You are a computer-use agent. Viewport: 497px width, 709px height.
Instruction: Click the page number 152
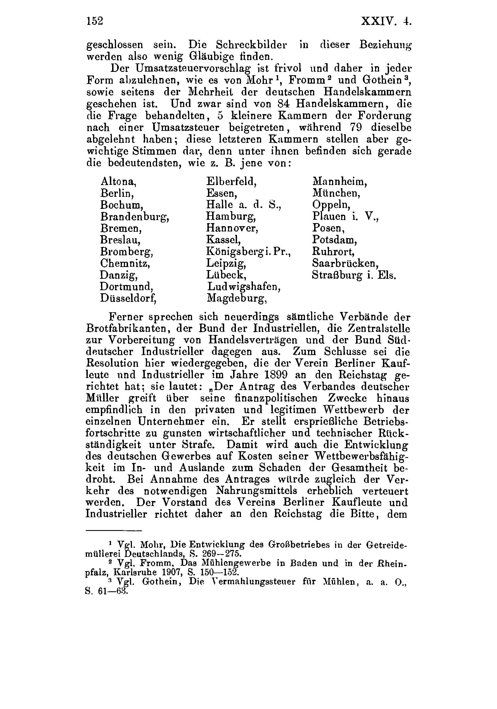click(x=94, y=21)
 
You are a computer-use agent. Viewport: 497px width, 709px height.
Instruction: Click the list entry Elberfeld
click(x=231, y=181)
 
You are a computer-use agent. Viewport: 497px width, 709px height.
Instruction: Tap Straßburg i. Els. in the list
click(x=354, y=275)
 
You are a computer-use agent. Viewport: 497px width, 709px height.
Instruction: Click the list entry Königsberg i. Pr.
click(x=248, y=252)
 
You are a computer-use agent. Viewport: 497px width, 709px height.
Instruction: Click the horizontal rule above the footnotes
click(x=113, y=531)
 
